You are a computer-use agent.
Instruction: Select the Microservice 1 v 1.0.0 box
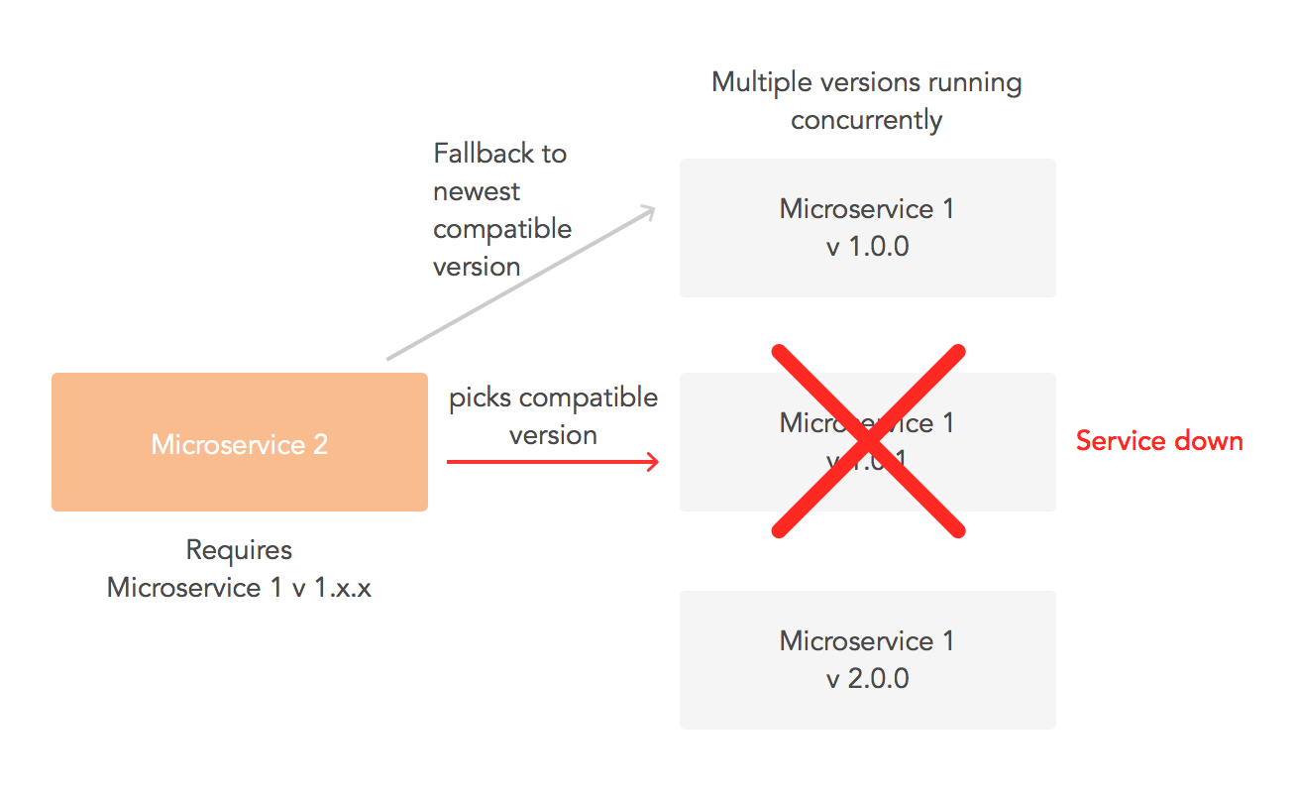point(867,228)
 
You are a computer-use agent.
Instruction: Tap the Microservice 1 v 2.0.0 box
point(867,660)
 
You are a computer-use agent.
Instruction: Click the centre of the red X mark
point(868,441)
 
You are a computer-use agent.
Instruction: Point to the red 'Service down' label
point(1159,440)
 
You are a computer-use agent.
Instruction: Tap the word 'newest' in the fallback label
point(477,191)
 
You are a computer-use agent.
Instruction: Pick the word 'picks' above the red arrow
point(481,397)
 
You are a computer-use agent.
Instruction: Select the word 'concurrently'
point(867,120)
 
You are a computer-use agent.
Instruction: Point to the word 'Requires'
point(239,549)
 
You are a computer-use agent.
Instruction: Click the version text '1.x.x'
point(337,587)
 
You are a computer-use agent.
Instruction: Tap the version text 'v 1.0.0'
point(867,247)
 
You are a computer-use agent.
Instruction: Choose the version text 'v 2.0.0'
point(867,679)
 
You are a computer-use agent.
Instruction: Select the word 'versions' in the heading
point(864,82)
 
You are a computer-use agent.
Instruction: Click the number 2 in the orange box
point(320,445)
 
